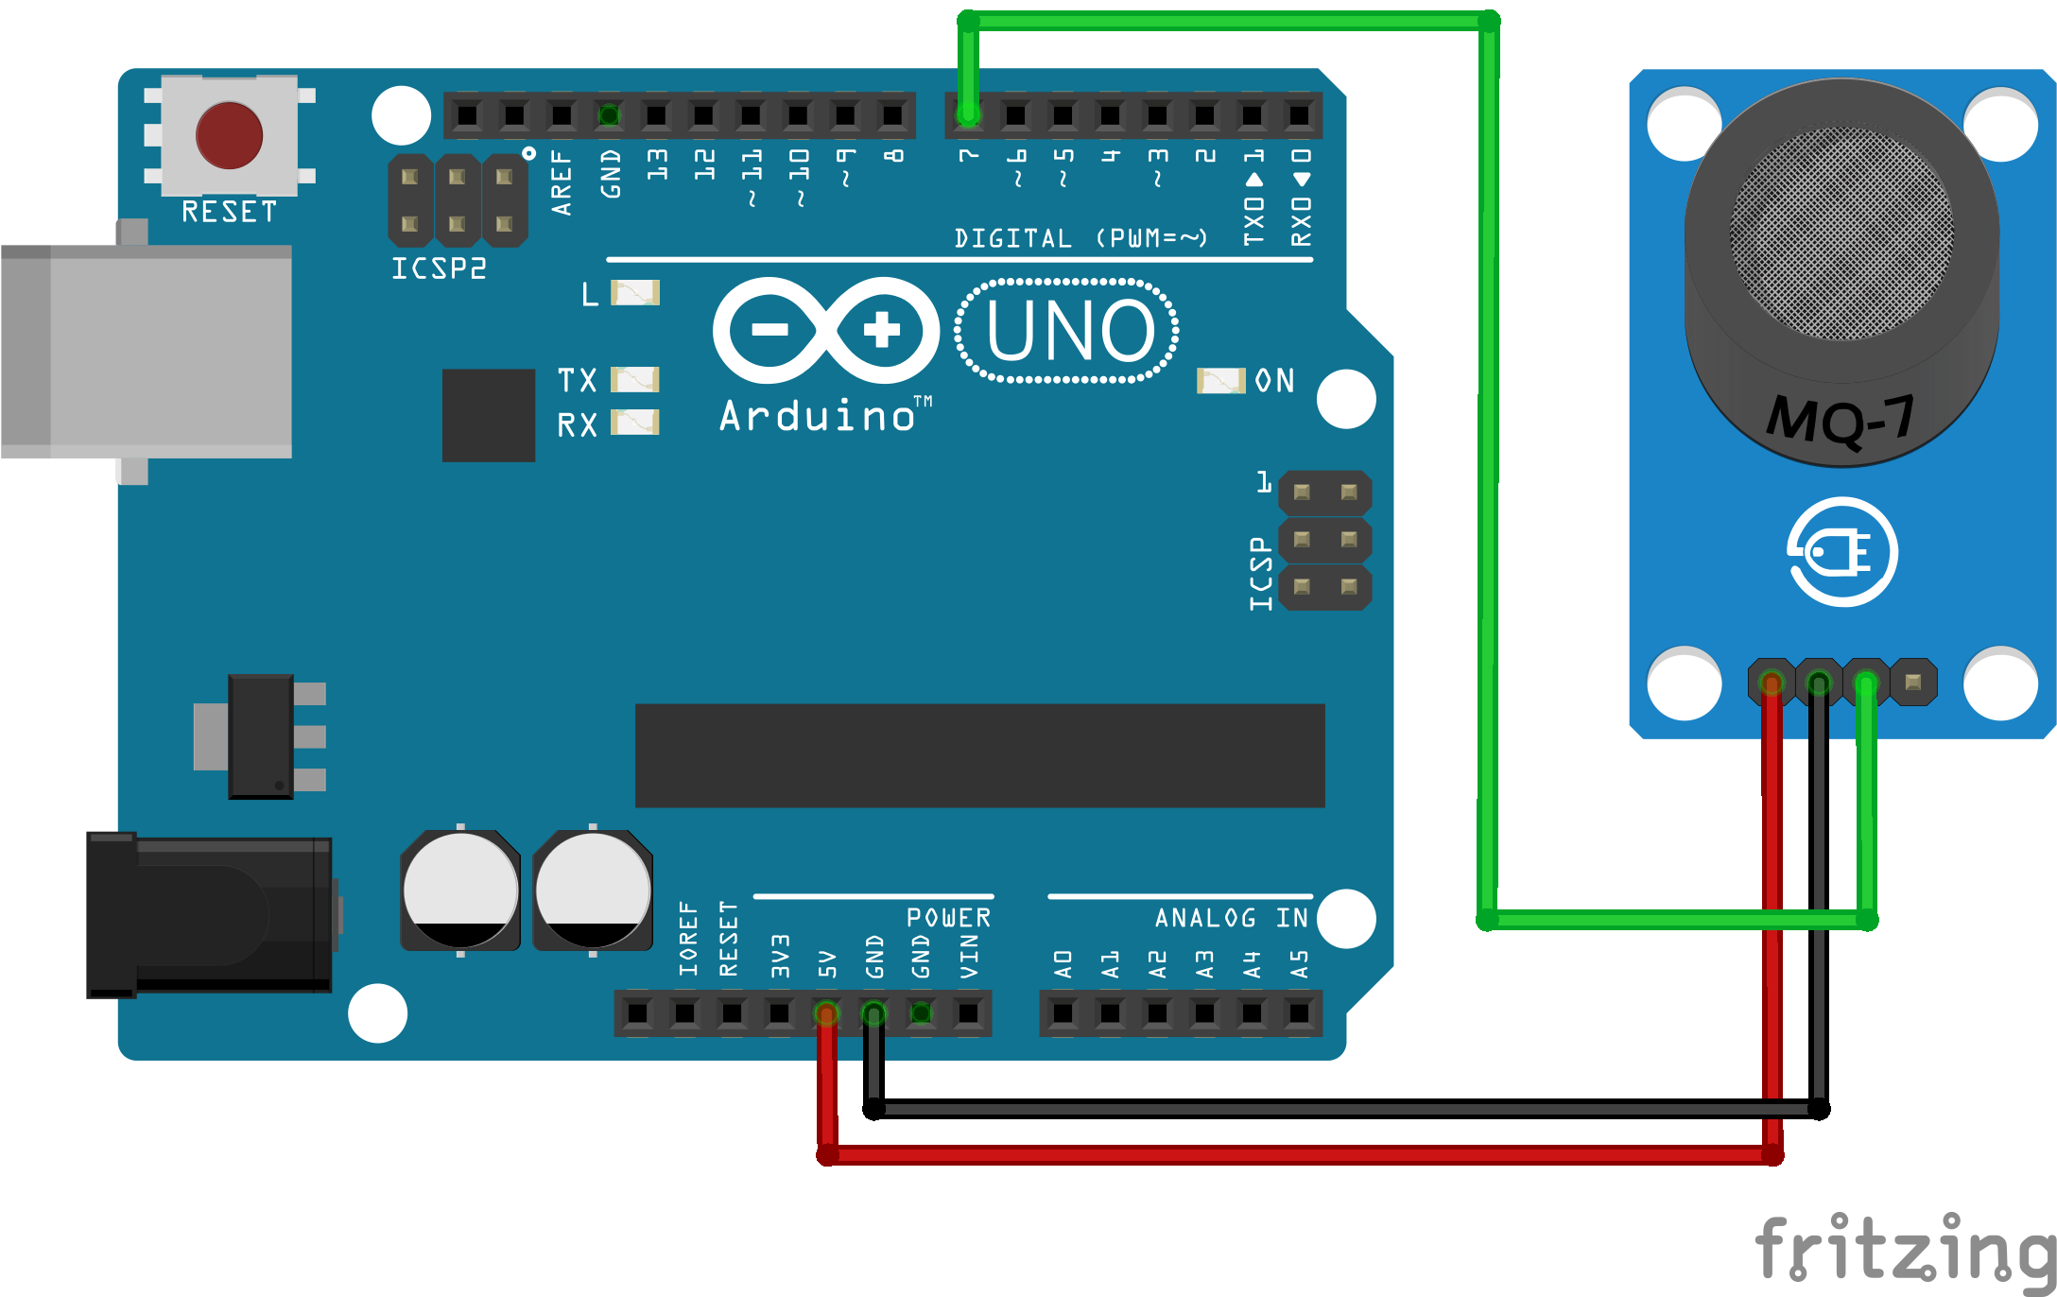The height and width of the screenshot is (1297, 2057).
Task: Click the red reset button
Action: pos(229,135)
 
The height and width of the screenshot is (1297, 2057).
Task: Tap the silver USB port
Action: pos(147,352)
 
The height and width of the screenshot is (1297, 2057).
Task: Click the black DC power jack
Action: pos(209,915)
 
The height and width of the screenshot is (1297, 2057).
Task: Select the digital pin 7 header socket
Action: pos(968,115)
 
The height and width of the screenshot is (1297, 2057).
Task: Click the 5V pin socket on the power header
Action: pos(826,1013)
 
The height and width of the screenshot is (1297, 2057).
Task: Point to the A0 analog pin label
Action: pos(1063,964)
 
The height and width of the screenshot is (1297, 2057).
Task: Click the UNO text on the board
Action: pos(1069,331)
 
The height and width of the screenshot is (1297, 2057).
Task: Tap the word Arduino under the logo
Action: pos(818,416)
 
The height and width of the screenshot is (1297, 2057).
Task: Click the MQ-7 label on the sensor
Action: pos(1841,419)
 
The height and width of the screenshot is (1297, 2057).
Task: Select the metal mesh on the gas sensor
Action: pos(1841,233)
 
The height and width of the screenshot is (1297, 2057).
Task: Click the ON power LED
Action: pos(1220,381)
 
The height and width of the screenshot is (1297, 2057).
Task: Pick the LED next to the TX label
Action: pos(634,380)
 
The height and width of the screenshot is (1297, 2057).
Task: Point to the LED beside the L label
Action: pos(635,293)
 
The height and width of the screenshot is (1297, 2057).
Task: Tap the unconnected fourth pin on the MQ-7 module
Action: pos(1913,683)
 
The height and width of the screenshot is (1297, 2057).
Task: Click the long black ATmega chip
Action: pos(979,755)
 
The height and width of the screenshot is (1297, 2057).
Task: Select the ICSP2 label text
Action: pos(439,268)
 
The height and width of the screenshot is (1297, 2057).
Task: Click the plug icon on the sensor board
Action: pos(1841,552)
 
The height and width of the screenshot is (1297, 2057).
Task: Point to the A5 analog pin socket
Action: pos(1299,1013)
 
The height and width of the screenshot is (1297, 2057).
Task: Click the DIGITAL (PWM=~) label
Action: pos(1080,238)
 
